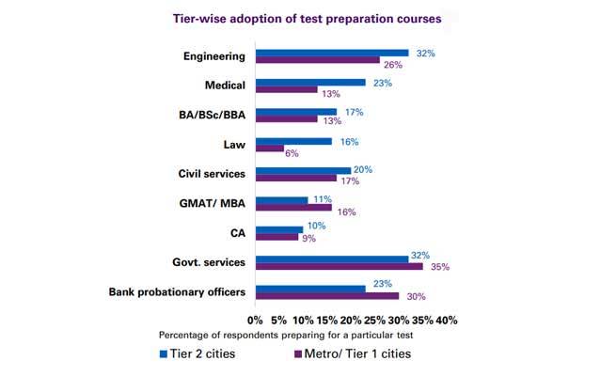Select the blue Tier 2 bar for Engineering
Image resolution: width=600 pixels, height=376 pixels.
click(x=331, y=54)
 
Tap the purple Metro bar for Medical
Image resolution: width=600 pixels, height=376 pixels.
click(x=286, y=90)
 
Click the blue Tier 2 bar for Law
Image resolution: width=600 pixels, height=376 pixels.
click(x=292, y=141)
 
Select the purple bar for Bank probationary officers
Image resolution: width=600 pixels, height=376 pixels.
click(x=326, y=296)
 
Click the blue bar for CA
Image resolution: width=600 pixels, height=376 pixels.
click(x=278, y=228)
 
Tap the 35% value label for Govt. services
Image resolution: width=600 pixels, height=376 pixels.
click(x=438, y=268)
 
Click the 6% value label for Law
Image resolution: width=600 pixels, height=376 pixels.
click(x=292, y=152)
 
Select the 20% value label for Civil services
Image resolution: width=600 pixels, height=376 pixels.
click(x=363, y=169)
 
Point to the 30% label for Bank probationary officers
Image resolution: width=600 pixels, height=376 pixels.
click(x=414, y=297)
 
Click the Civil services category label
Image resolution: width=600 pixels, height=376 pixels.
click(x=212, y=174)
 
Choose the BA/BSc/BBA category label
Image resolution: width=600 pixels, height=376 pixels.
click(x=207, y=116)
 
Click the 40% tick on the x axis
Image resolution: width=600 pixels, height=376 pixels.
click(x=446, y=320)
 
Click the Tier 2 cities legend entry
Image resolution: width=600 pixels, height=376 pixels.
click(x=202, y=354)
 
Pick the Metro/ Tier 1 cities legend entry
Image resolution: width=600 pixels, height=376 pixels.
click(x=353, y=354)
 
